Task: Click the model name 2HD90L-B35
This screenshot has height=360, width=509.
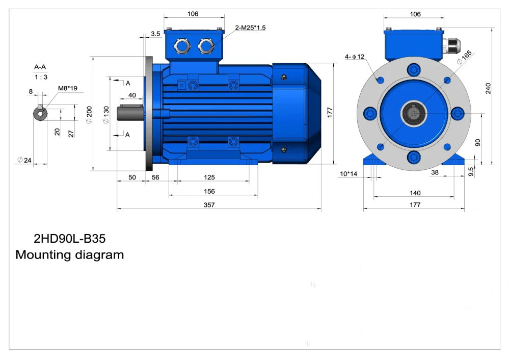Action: pyautogui.click(x=69, y=239)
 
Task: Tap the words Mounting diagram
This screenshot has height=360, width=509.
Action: pyautogui.click(x=69, y=255)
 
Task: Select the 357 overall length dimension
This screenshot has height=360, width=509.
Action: pyautogui.click(x=209, y=204)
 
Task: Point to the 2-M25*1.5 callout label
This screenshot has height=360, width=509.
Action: pyautogui.click(x=250, y=28)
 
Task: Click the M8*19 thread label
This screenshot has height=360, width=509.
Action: pyautogui.click(x=68, y=88)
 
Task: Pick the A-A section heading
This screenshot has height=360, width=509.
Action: pyautogui.click(x=40, y=67)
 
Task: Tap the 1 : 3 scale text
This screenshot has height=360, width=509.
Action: pyautogui.click(x=41, y=77)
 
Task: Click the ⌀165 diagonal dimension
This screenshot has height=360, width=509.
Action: pyautogui.click(x=464, y=58)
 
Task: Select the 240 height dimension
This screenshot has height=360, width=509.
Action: pyautogui.click(x=488, y=88)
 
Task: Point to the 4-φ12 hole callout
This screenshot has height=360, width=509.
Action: pyautogui.click(x=355, y=57)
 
